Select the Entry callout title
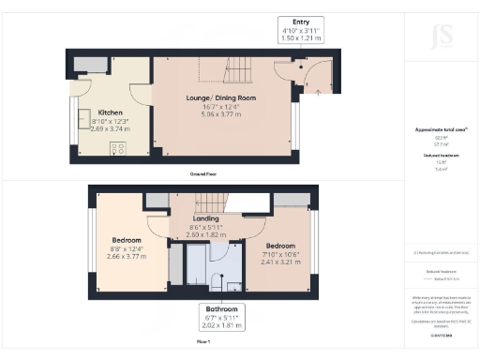[x=302, y=22]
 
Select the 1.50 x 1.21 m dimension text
[x=302, y=40]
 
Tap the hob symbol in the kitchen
[x=119, y=147]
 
